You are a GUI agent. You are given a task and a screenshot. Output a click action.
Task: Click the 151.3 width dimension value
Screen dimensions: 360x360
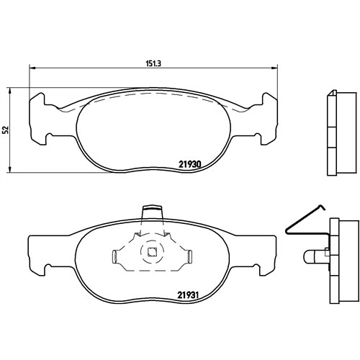click(x=153, y=63)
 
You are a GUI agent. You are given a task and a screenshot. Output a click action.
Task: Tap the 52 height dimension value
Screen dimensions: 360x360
click(x=6, y=130)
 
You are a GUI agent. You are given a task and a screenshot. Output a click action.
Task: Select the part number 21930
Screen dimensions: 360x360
click(x=189, y=164)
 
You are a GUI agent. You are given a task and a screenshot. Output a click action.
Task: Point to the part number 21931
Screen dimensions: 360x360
click(x=188, y=294)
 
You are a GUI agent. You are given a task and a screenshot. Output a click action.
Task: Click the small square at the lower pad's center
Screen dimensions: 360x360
click(x=152, y=251)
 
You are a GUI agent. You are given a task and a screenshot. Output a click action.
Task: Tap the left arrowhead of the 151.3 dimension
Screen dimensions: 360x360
click(x=32, y=68)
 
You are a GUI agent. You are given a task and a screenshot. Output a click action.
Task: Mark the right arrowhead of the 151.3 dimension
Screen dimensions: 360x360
click(x=274, y=68)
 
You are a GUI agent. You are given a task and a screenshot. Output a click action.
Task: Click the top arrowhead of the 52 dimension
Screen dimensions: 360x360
click(x=9, y=91)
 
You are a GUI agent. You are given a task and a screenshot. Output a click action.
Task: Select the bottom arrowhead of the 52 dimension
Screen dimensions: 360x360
click(x=9, y=169)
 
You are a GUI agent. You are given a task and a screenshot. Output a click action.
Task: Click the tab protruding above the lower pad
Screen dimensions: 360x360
click(x=152, y=212)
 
